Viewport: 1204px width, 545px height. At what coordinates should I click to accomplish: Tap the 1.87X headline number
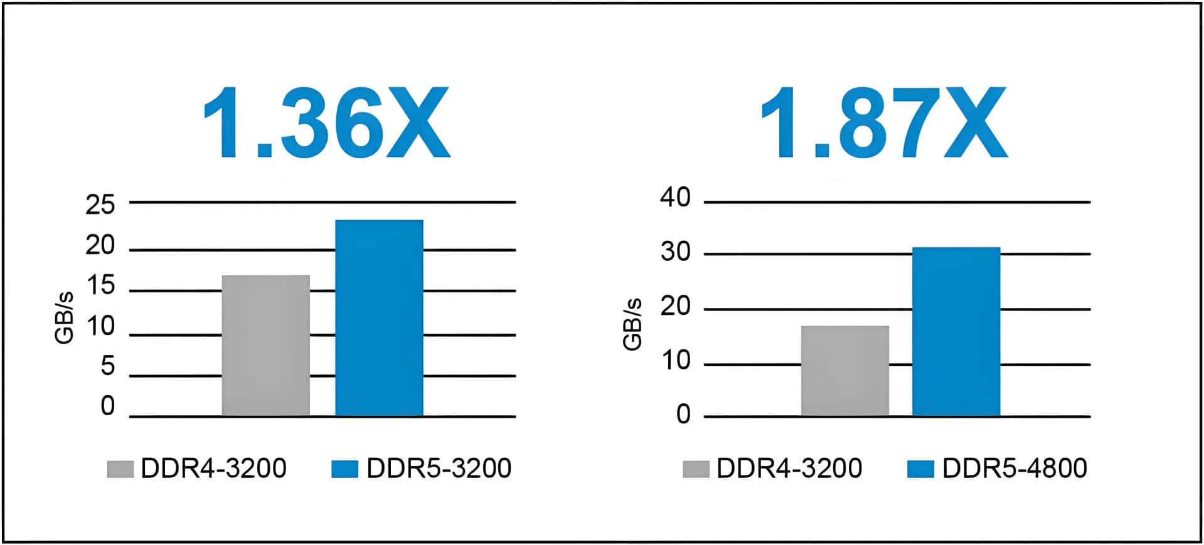[883, 123]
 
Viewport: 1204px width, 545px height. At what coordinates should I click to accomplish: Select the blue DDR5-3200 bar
[379, 317]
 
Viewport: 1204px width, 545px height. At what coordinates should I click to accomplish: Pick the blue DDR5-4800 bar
[956, 331]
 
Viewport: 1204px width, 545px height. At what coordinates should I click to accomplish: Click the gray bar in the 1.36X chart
[265, 345]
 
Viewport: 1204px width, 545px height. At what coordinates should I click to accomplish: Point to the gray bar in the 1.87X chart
[844, 370]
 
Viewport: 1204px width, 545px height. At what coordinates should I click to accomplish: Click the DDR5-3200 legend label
[439, 468]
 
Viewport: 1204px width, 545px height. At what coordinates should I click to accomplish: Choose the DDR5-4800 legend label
[1014, 468]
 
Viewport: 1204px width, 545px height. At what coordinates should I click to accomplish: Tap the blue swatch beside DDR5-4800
[920, 468]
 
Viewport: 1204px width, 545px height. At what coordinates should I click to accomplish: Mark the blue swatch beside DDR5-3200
[344, 468]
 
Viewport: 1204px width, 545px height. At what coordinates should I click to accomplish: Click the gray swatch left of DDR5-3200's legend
[120, 468]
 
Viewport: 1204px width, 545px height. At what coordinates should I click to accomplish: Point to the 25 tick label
[100, 204]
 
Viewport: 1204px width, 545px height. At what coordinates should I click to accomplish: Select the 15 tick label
[100, 285]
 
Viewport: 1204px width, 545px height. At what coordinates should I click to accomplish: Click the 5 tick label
[108, 366]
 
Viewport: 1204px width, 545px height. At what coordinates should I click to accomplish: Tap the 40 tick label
[675, 197]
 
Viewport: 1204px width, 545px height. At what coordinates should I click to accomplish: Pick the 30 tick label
[675, 251]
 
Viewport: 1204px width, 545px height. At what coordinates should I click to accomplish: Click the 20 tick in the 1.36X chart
[100, 245]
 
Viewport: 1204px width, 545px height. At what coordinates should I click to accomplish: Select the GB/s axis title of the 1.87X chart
[632, 324]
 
